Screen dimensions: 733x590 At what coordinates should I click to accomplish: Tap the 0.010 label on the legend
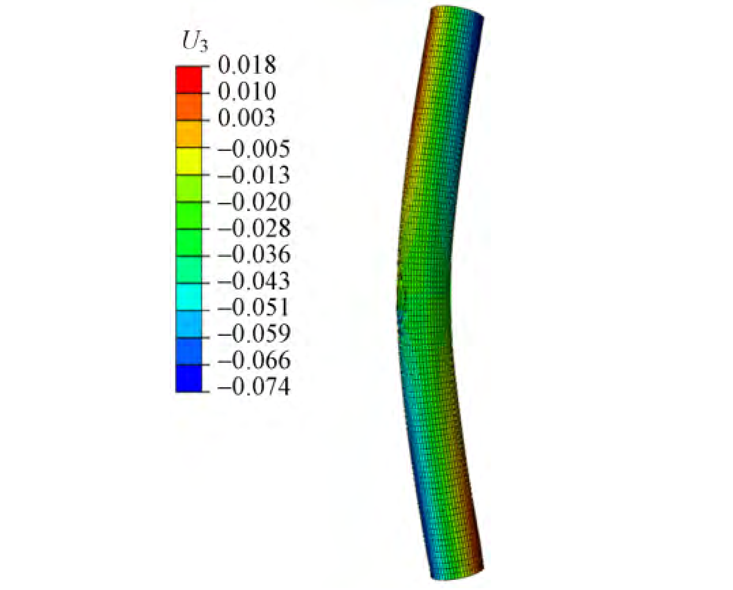click(247, 91)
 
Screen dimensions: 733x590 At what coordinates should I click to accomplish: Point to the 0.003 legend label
click(246, 118)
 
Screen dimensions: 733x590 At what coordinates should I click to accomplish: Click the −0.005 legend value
click(253, 149)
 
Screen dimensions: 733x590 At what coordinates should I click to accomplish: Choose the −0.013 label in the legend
click(253, 175)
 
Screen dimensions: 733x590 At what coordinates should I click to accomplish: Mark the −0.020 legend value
click(254, 202)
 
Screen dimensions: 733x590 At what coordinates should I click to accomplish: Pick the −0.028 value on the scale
click(254, 228)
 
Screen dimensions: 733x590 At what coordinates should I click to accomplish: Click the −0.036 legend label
click(254, 255)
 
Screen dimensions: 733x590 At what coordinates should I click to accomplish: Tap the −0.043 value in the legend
click(253, 281)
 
